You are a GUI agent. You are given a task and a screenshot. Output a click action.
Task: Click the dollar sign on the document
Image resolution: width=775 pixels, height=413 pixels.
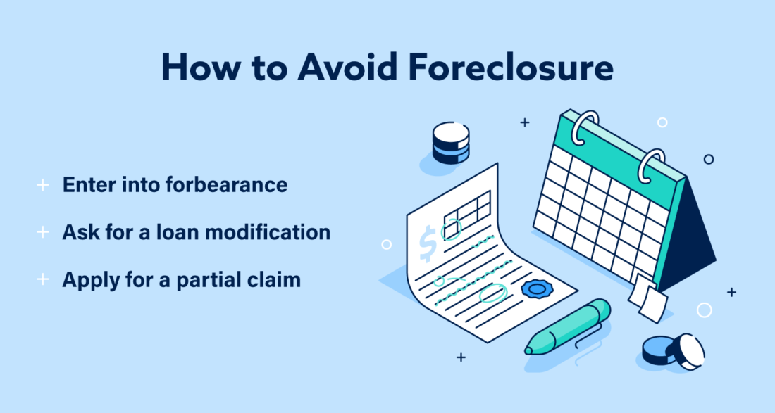click(427, 242)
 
